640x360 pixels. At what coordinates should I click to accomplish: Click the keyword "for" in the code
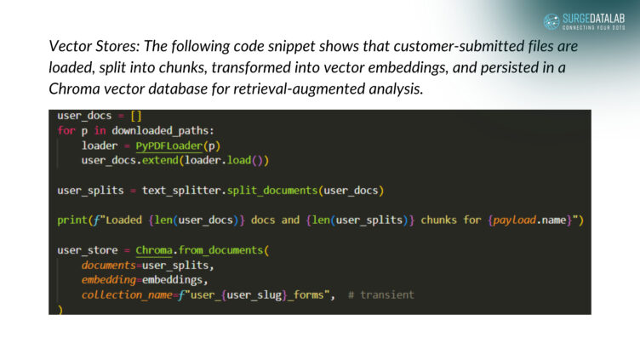point(66,130)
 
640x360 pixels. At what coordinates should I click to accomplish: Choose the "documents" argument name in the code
point(111,266)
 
